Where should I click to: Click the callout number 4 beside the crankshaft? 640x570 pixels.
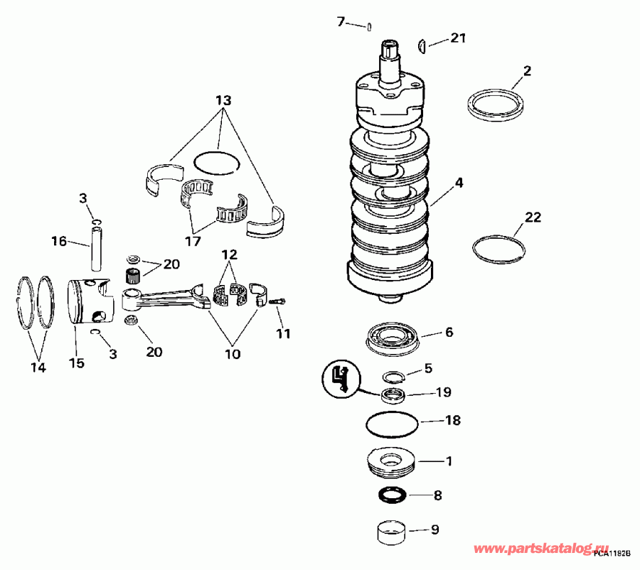pos(459,183)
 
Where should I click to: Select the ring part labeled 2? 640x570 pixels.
pos(496,103)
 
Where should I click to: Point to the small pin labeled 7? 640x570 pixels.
pos(370,28)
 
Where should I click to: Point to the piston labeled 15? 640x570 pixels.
pos(92,303)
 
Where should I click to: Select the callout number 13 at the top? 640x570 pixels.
pos(223,101)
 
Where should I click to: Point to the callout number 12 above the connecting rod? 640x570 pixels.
pos(229,254)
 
